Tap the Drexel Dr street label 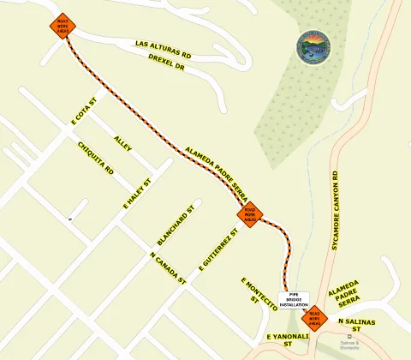pyautogui.click(x=167, y=62)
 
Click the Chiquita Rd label pyautogui.click(x=96, y=159)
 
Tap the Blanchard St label pyautogui.click(x=177, y=225)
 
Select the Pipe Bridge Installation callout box pyautogui.click(x=293, y=299)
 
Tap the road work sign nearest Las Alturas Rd pyautogui.click(x=63, y=25)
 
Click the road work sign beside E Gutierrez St pyautogui.click(x=250, y=214)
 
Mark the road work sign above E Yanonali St pyautogui.click(x=315, y=318)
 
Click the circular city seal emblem pyautogui.click(x=313, y=46)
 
